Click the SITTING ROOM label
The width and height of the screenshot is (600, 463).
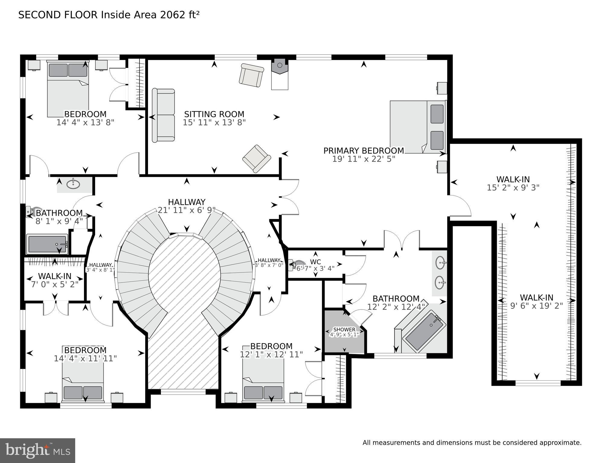click(x=214, y=114)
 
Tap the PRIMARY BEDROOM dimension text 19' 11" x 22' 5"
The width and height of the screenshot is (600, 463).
click(x=364, y=159)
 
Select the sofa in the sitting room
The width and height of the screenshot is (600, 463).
click(x=163, y=115)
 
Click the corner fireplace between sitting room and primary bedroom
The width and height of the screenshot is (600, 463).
click(x=279, y=66)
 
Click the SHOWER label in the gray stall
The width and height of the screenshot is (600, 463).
click(x=344, y=329)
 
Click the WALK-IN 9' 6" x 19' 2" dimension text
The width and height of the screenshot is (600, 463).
click(x=536, y=306)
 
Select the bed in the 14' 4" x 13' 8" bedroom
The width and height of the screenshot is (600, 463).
click(x=68, y=89)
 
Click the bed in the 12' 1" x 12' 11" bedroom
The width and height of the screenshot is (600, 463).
click(x=263, y=381)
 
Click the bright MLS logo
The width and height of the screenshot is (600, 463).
click(x=37, y=450)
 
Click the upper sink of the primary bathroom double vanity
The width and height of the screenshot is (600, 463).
click(x=441, y=262)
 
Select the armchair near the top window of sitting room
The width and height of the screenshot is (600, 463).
click(x=251, y=75)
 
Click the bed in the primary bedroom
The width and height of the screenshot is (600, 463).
click(x=418, y=127)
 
